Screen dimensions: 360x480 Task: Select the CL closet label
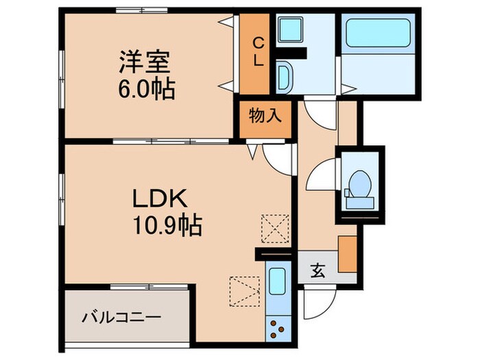point(258,51)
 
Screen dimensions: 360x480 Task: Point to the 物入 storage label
point(265,116)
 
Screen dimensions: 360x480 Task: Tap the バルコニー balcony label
point(122,318)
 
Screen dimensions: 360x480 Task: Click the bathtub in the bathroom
point(376,36)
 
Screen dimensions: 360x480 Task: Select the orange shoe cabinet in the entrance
point(347,254)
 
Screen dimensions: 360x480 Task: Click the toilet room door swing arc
point(320,178)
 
